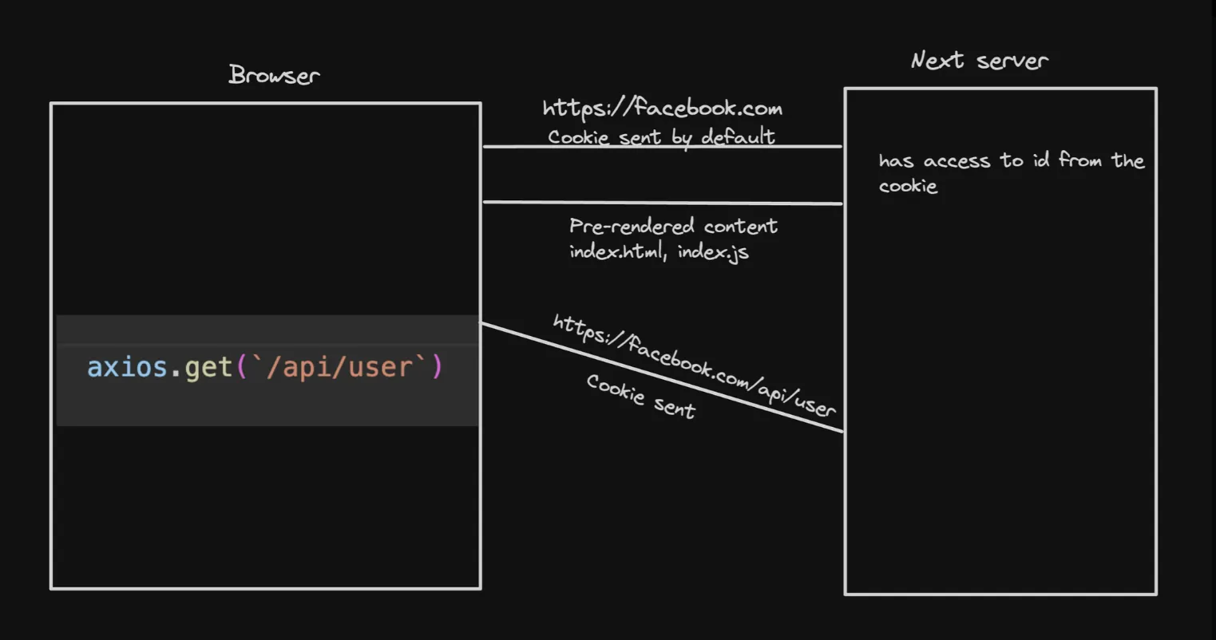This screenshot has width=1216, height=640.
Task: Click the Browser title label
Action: pyautogui.click(x=274, y=75)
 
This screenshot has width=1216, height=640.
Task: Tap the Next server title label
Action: pyautogui.click(x=979, y=61)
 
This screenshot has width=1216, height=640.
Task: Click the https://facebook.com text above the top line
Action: pyautogui.click(x=662, y=109)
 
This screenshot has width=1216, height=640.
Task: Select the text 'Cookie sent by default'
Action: pyautogui.click(x=661, y=136)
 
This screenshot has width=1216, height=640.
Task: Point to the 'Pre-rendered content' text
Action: pyautogui.click(x=673, y=226)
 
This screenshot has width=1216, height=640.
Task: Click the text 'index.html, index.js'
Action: pyautogui.click(x=659, y=252)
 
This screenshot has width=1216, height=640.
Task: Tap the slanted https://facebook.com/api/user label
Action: pyautogui.click(x=694, y=365)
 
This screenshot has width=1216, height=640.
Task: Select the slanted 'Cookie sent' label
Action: pyautogui.click(x=641, y=396)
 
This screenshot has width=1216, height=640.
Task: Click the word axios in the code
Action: pyautogui.click(x=127, y=367)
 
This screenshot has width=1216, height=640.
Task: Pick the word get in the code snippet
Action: pyautogui.click(x=208, y=367)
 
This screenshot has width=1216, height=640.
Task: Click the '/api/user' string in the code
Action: pyautogui.click(x=335, y=367)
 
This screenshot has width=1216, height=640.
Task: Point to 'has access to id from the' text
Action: pyautogui.click(x=1011, y=160)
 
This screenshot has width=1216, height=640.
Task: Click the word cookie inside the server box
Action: pyautogui.click(x=908, y=186)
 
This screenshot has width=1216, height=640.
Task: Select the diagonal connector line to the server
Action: pyautogui.click(x=662, y=377)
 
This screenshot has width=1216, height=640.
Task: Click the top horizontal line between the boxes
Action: pyautogui.click(x=662, y=147)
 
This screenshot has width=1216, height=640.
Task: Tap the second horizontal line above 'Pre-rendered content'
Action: pyautogui.click(x=662, y=203)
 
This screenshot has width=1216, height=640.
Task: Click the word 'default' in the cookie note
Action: pyautogui.click(x=738, y=136)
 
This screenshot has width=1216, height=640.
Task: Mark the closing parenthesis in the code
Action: pyautogui.click(x=437, y=367)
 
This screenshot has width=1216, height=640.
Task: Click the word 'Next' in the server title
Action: pyautogui.click(x=937, y=60)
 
